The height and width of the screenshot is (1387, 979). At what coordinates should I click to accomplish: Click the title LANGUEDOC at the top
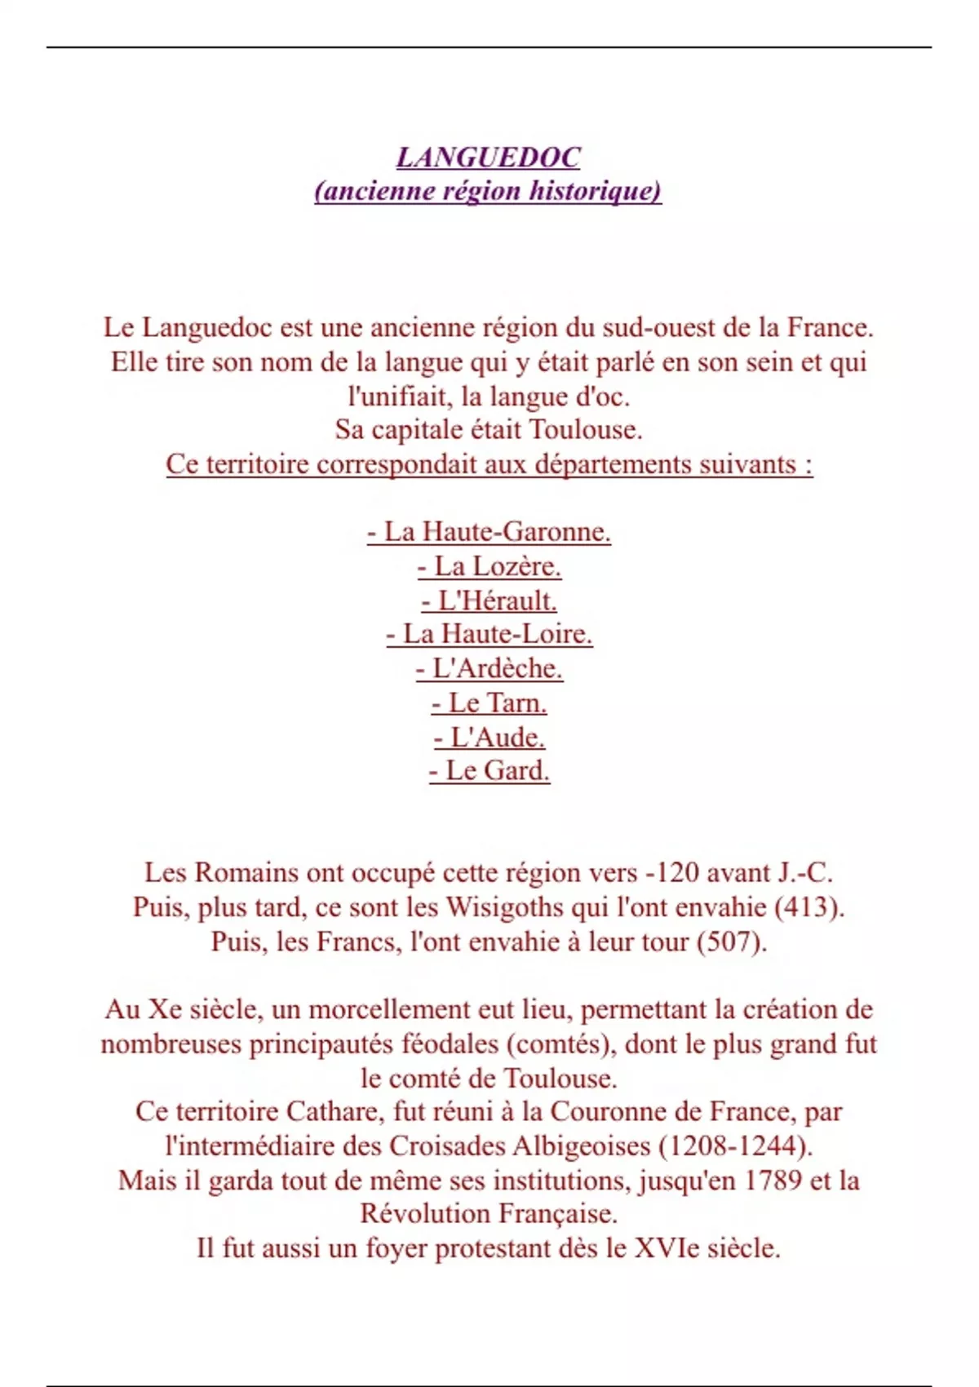coord(488,157)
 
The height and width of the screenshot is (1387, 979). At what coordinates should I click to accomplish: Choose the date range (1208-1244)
coord(735,1146)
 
